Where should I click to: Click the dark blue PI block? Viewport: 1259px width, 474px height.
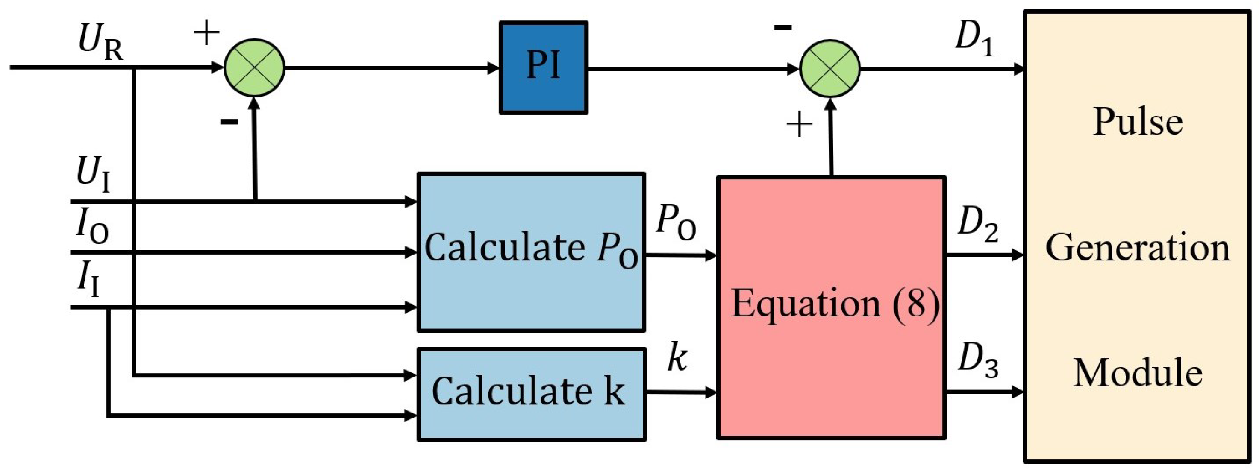(x=543, y=68)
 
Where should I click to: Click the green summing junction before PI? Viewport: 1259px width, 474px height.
(x=254, y=68)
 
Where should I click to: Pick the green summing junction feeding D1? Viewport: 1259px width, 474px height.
(x=830, y=68)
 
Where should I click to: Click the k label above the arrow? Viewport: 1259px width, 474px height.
(x=677, y=358)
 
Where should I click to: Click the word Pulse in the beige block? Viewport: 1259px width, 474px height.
(x=1137, y=122)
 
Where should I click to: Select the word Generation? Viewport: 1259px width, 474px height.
(x=1137, y=248)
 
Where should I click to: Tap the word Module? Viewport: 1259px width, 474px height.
(x=1137, y=374)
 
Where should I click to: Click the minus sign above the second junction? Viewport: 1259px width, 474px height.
(x=782, y=28)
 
